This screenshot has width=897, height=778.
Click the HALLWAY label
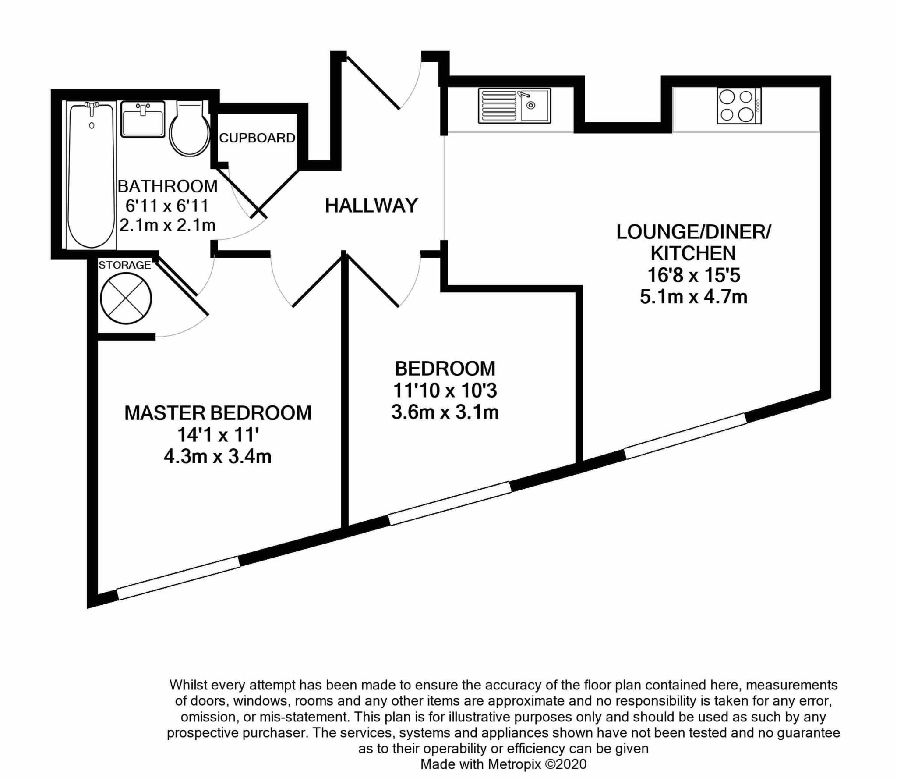tap(371, 206)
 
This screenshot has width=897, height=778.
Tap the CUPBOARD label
tap(257, 138)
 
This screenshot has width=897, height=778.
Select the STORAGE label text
tap(124, 265)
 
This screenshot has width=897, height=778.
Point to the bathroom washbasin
tap(143, 119)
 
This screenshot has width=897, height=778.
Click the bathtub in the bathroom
tap(92, 175)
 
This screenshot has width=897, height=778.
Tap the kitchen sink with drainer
tap(514, 106)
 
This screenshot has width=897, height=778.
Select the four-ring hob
tap(739, 106)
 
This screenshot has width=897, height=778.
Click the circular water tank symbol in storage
tap(126, 298)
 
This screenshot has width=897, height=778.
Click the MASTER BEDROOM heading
tap(218, 413)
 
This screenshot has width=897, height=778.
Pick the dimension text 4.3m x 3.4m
tap(218, 457)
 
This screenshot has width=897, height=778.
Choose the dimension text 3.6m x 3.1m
tap(445, 412)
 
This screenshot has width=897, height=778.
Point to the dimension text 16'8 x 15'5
tap(694, 275)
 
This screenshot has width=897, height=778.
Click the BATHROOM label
tap(168, 186)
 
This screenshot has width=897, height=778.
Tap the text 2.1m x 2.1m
tap(168, 225)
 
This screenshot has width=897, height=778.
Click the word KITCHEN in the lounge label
tap(693, 253)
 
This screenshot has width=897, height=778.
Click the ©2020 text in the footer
tap(565, 764)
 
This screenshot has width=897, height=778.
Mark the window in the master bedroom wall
tap(179, 578)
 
